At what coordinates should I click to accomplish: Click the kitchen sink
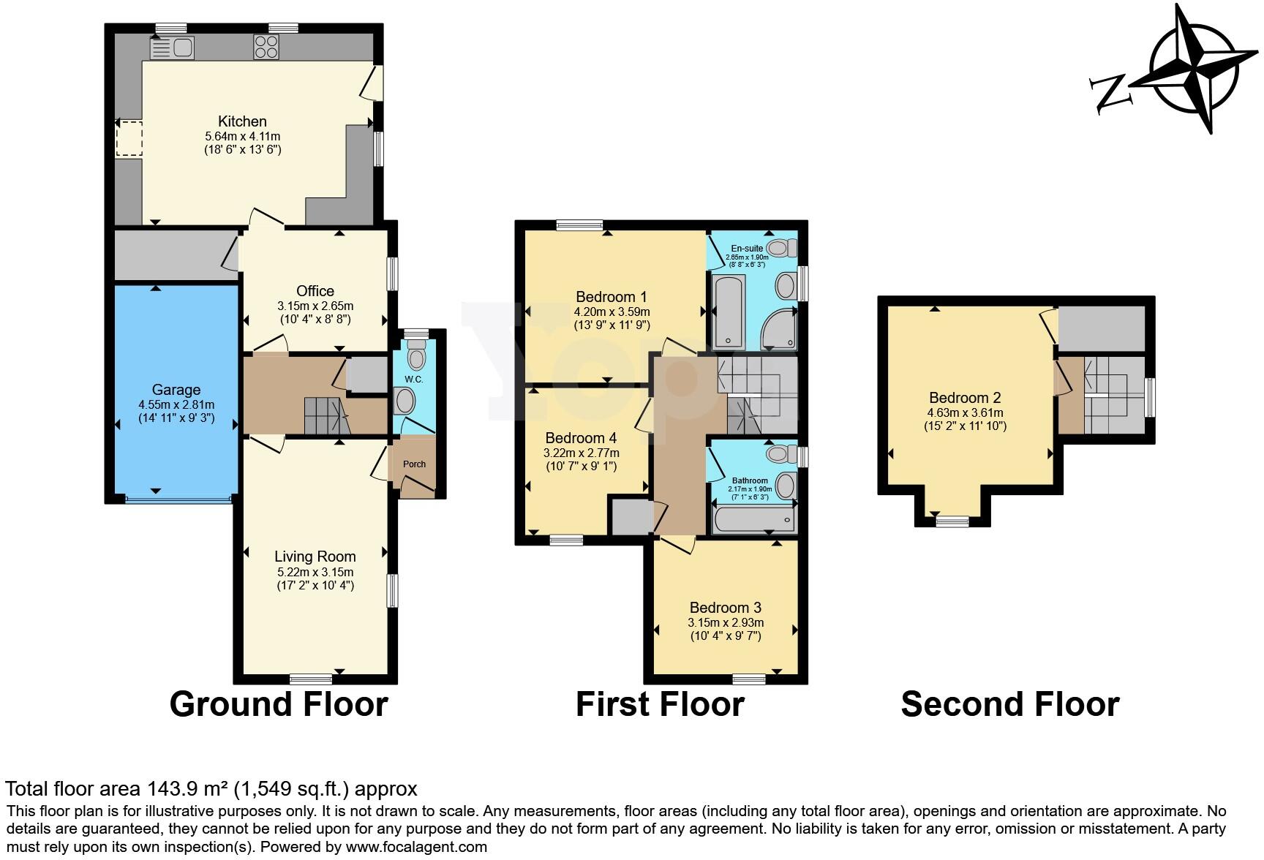[172, 48]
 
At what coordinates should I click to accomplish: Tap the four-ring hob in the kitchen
[266, 48]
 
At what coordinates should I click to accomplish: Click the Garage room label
[176, 390]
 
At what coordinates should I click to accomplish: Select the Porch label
[414, 464]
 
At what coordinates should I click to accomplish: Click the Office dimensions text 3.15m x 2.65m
[315, 306]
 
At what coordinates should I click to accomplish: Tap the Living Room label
[315, 557]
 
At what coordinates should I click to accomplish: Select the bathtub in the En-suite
[727, 313]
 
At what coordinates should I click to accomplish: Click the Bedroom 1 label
[612, 297]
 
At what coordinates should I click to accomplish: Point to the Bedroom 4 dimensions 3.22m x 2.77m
[581, 453]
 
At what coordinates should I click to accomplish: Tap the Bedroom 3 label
[725, 608]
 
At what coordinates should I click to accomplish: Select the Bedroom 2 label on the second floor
[965, 398]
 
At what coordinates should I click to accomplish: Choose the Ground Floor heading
[279, 704]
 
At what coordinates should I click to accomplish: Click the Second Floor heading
[1010, 704]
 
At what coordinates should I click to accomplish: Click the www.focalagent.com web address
[415, 847]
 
